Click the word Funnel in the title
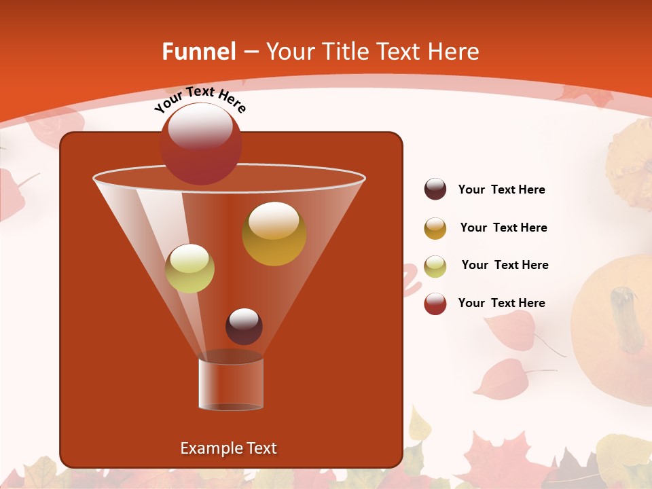point(199,52)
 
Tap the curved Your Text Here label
point(200,99)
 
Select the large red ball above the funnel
point(201,144)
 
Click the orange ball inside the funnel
point(274,234)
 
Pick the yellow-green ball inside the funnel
point(190,268)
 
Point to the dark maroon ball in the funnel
point(244,327)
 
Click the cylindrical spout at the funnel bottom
point(231,384)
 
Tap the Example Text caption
point(228,448)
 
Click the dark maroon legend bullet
point(435,189)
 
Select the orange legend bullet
point(435,228)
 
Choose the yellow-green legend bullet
point(435,266)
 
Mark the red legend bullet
point(435,304)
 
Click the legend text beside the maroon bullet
point(501,190)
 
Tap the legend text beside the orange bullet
point(503,228)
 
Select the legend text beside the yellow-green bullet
point(505,266)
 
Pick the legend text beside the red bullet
point(501,304)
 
